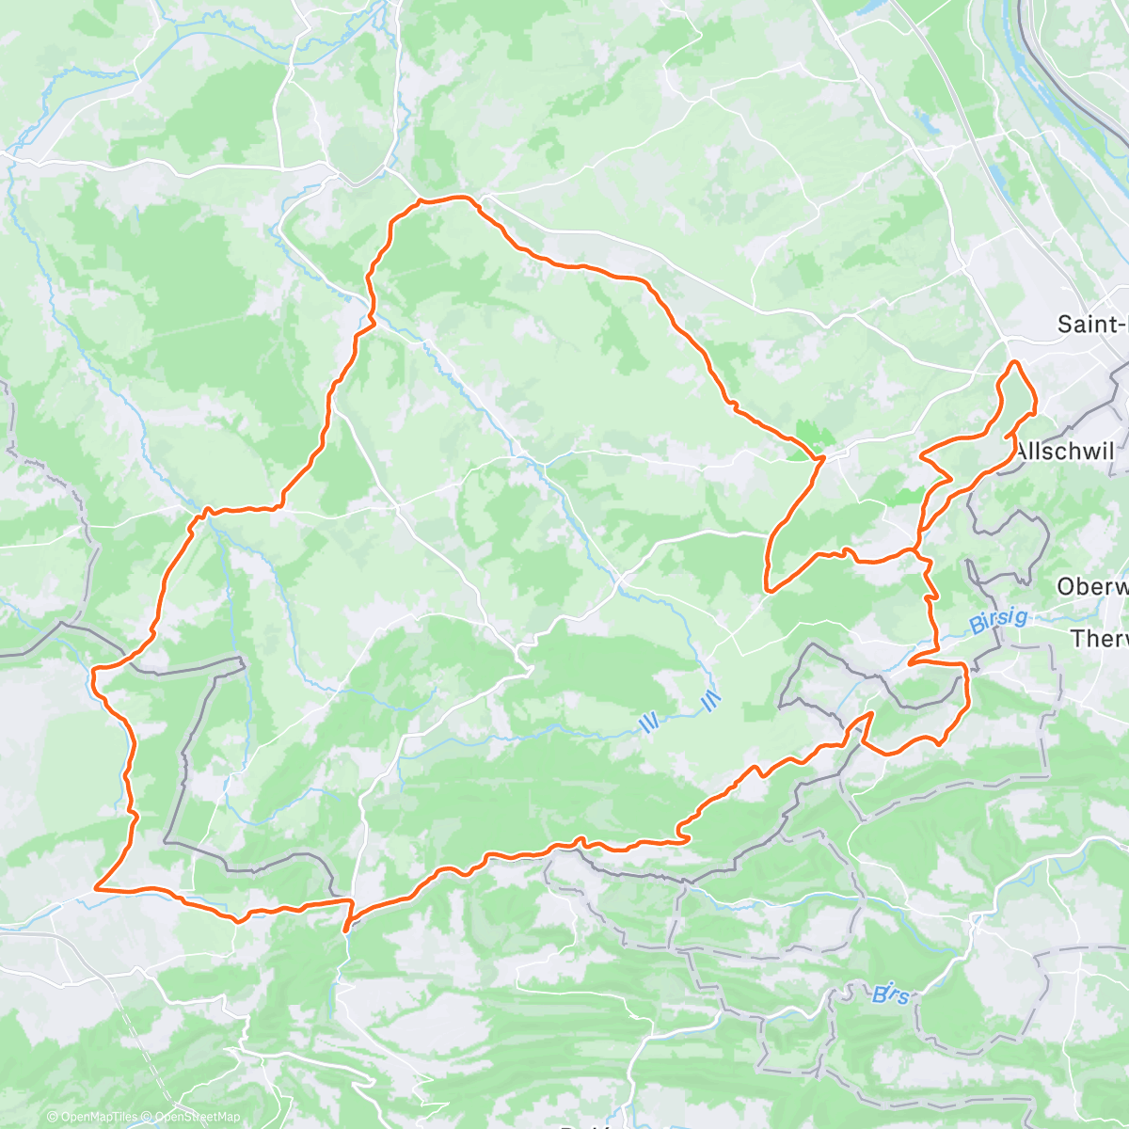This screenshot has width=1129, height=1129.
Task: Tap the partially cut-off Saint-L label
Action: pos(1091,325)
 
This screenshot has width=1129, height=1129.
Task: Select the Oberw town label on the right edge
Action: pos(1091,586)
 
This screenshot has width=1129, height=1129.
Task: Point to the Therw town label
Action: pos(1099,639)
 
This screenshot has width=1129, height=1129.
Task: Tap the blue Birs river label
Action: pos(890,993)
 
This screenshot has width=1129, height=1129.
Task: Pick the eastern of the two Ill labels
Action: pos(710,699)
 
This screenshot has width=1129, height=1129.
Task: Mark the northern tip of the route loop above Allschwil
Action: pos(1014,362)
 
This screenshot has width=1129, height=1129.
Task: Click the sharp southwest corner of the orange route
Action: pos(97,886)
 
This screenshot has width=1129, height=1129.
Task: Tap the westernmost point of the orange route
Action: pos(94,671)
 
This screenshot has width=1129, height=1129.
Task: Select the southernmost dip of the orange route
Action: pos(346,930)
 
